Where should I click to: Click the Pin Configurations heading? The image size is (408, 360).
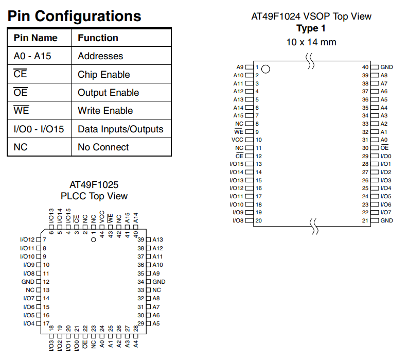[x=74, y=16]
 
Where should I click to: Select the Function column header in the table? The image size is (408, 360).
[x=98, y=38]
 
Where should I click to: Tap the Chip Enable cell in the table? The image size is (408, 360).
[x=103, y=75]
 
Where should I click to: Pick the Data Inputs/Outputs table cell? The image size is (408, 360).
[x=120, y=129]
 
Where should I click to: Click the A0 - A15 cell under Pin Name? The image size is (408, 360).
[x=32, y=56]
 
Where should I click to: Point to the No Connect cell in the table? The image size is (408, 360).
[x=103, y=147]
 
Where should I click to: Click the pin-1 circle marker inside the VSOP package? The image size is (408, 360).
[x=265, y=69]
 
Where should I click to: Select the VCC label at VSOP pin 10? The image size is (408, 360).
[x=237, y=140]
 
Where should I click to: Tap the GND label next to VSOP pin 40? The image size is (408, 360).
[x=386, y=67]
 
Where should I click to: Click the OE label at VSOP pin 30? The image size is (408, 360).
[x=384, y=148]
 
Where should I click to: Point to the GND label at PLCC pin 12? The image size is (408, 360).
[x=28, y=282]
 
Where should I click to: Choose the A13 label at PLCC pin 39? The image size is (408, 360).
[x=157, y=239]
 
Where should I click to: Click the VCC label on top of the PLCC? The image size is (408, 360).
[x=102, y=216]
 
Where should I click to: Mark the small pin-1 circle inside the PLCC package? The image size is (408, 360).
[x=94, y=239]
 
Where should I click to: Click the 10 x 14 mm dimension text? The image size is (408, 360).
[x=311, y=42]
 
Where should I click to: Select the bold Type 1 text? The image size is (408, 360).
[x=311, y=28]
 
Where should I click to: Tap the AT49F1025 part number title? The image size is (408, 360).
[x=94, y=185]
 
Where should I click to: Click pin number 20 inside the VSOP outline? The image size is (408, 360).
[x=258, y=220]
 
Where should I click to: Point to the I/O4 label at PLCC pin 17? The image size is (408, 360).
[x=29, y=323]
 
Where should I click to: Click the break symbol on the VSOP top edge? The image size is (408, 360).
[x=310, y=61]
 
